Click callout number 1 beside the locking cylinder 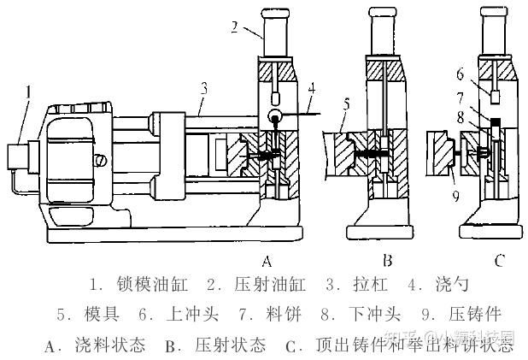pos(28,91)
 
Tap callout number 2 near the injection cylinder pos(233,27)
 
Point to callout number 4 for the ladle pos(312,87)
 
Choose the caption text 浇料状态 pos(113,345)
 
